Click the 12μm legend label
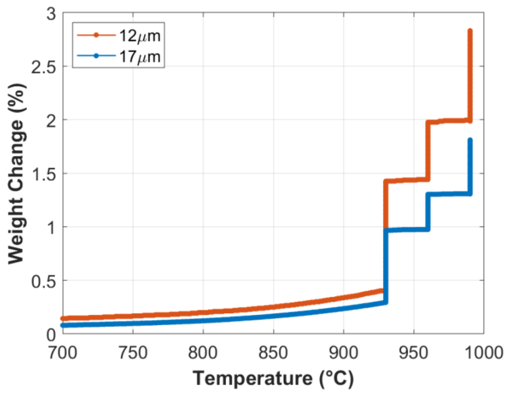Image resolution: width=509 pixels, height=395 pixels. [140, 36]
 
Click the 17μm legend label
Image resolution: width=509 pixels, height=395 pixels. [140, 56]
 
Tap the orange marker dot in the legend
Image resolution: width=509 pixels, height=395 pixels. [96, 35]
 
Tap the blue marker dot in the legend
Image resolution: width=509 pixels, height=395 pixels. [96, 56]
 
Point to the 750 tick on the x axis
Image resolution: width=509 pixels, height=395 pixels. [133, 353]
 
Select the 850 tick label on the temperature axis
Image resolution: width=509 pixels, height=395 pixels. [273, 353]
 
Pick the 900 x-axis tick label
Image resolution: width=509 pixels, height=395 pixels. [343, 353]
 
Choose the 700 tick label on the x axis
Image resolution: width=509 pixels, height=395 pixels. [63, 353]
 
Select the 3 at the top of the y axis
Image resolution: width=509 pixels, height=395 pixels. [51, 14]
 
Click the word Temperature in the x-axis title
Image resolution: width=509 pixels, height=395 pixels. [253, 379]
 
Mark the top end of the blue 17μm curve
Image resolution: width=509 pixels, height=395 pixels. [470, 140]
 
